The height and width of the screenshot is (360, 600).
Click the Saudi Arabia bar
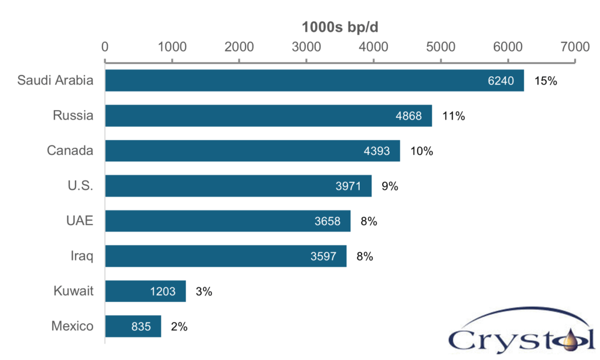coord(314,81)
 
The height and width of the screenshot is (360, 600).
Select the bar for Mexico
coord(133,326)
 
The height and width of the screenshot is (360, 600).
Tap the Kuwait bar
coord(145,291)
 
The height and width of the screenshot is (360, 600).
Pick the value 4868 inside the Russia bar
coord(408,116)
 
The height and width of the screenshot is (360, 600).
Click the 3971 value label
coord(349,186)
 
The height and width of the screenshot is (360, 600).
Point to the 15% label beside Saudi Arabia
coord(546,81)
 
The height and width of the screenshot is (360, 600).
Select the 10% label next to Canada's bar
coord(421,151)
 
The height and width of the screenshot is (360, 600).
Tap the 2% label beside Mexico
coord(179,327)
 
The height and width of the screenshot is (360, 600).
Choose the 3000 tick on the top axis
coord(306,46)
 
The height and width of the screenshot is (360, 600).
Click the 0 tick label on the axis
coord(105,46)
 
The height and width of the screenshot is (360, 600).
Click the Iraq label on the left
coord(81,256)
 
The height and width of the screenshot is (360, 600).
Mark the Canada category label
coord(70,151)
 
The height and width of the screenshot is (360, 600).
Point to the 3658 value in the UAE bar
coord(328,222)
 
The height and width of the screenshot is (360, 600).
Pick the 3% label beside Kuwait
coord(203,291)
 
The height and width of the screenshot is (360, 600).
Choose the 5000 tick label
coord(441,46)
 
